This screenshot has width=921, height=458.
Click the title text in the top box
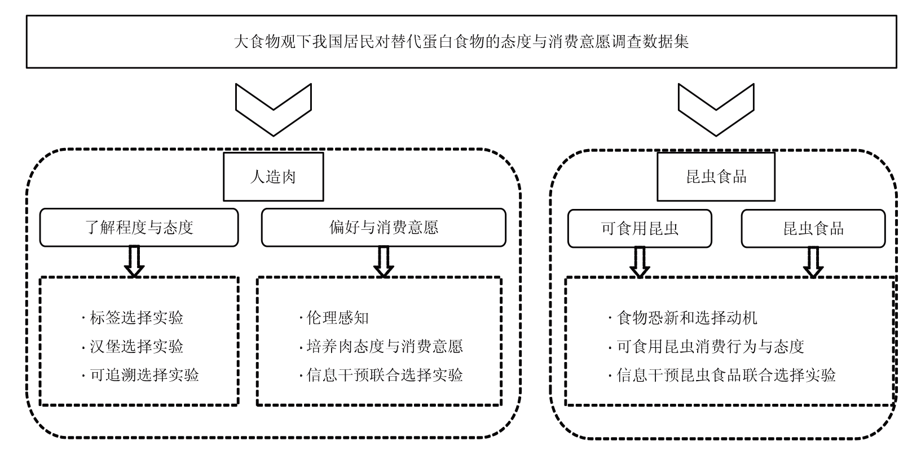coord(461,42)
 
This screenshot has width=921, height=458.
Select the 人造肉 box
coord(273,177)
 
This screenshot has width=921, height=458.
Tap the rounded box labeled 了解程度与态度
coord(139,228)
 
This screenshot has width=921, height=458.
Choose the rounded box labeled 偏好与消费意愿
coord(384,228)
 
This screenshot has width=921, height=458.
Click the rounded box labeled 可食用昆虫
coord(640,228)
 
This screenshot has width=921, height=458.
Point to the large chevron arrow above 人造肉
coord(273,110)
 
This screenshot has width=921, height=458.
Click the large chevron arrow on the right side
coord(716,110)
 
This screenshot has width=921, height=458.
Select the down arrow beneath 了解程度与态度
coord(134,261)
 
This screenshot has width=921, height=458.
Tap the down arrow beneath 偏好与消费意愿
coord(384,261)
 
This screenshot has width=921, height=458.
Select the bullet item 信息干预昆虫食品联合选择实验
coord(726,374)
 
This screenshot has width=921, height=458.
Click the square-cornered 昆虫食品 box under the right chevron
coord(716,177)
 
